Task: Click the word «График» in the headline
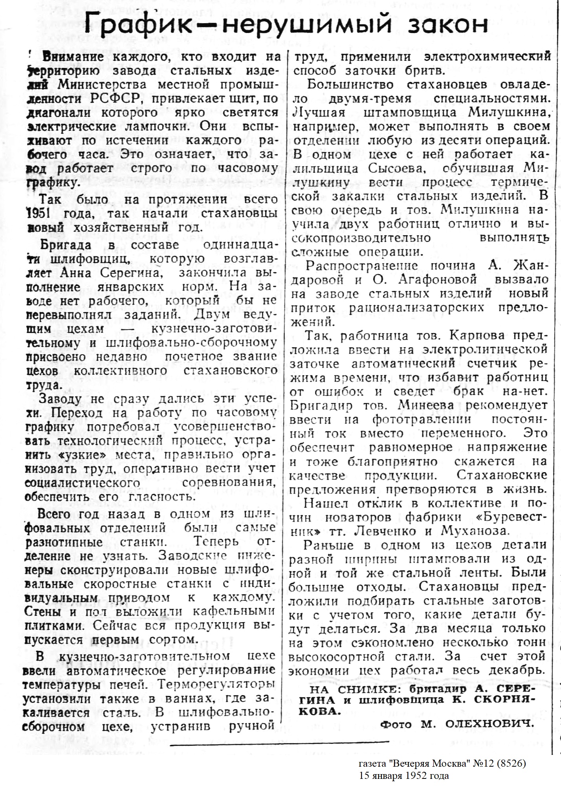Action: (150, 25)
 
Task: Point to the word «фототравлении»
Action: (422, 419)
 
